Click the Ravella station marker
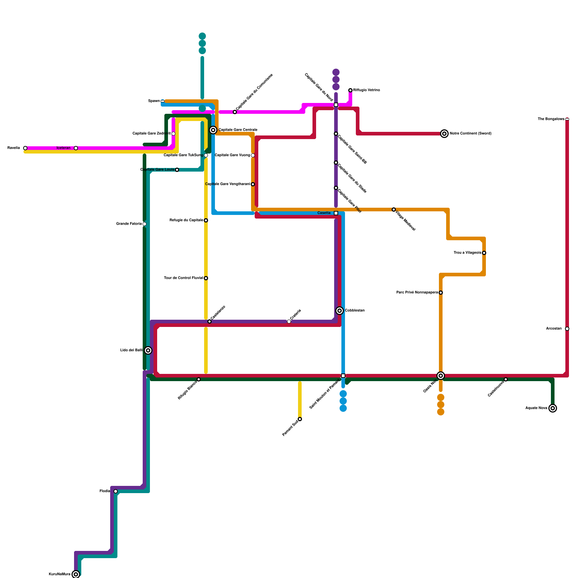(25, 148)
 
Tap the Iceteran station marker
(76, 148)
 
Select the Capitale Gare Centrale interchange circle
(213, 130)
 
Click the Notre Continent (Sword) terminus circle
(444, 134)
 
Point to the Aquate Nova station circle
(552, 408)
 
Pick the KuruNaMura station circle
(76, 574)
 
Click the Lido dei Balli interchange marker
(148, 350)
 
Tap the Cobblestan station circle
(340, 311)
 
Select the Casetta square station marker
(336, 213)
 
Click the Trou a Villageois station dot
(484, 253)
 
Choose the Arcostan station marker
(567, 329)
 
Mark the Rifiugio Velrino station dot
(350, 90)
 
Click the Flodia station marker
(116, 491)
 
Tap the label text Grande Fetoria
(129, 224)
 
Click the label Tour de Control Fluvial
(183, 278)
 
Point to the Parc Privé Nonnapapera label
(417, 293)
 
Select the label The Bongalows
(551, 119)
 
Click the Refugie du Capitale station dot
(206, 220)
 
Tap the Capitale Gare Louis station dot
(177, 170)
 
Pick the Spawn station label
(154, 101)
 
